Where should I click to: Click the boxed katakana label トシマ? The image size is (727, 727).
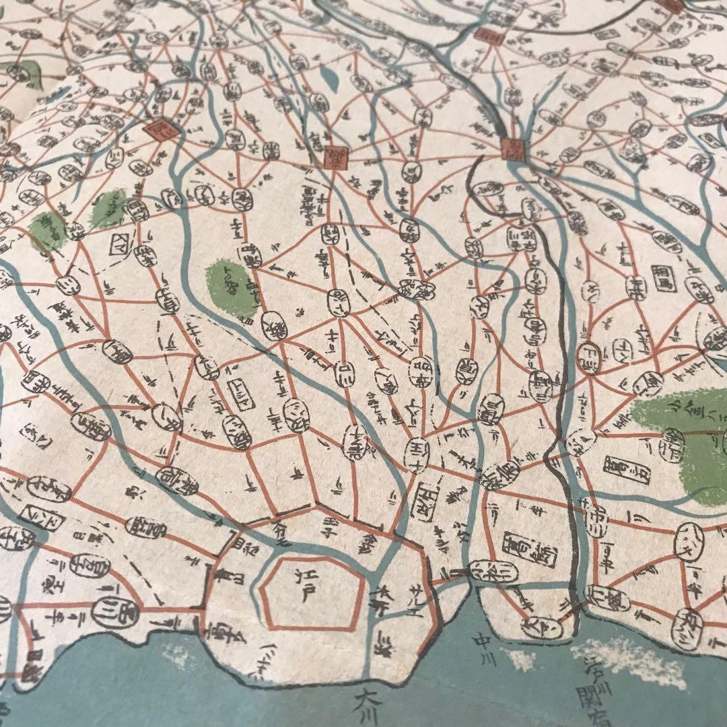pyautogui.click(x=240, y=390)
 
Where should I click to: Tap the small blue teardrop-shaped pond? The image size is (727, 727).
pyautogui.click(x=328, y=79)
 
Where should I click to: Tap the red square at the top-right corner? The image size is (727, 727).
pyautogui.click(x=672, y=5)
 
